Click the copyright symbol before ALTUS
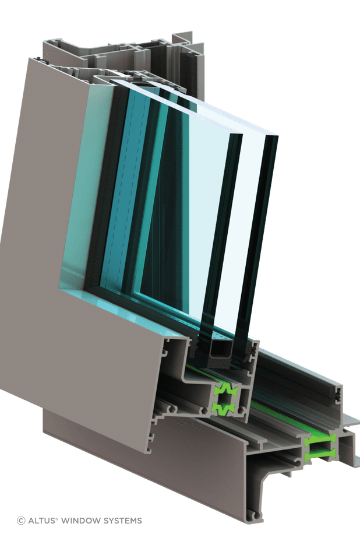coord(21,521)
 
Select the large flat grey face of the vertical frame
coord(41,233)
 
